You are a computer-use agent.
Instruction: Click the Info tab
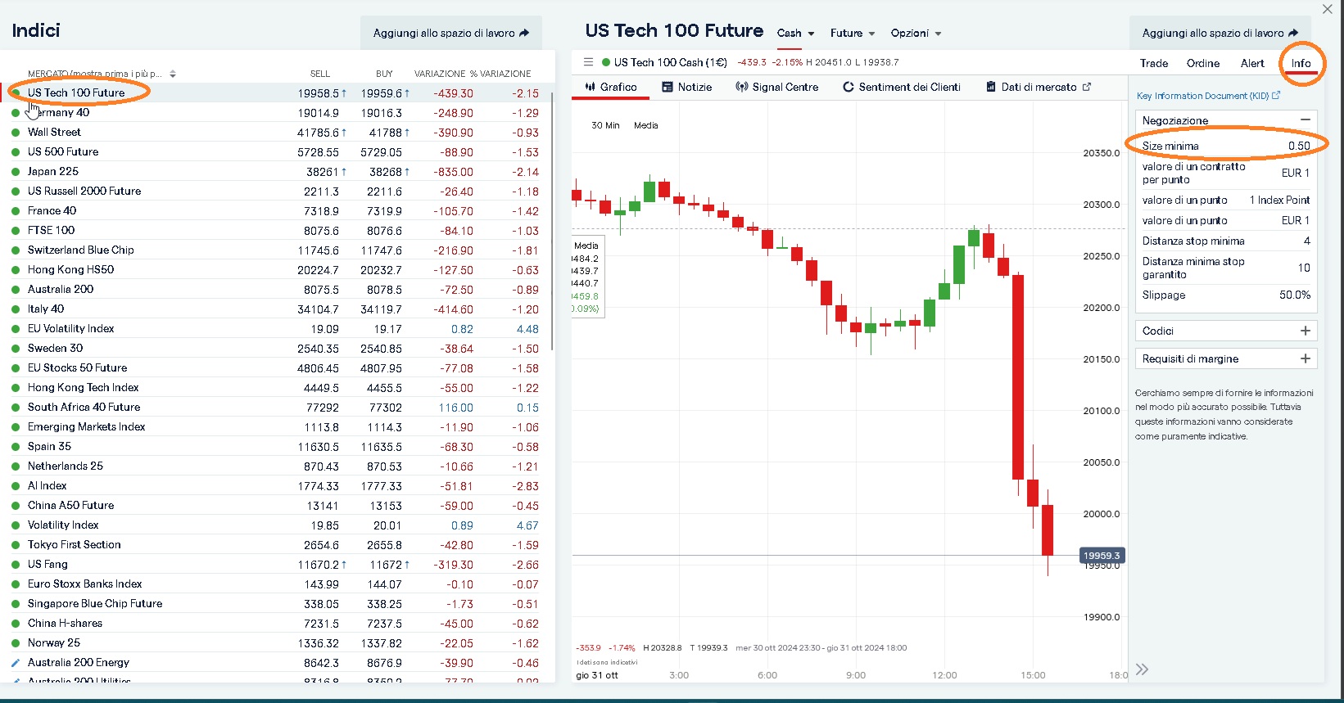tap(1301, 63)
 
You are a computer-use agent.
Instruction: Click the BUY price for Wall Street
tap(384, 133)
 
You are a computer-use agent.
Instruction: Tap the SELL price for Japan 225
tap(321, 172)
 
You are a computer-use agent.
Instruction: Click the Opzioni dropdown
tap(916, 34)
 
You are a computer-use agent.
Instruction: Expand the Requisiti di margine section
tap(1305, 358)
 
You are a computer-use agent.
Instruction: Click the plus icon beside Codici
tap(1305, 331)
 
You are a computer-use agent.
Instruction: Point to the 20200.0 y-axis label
tap(1101, 308)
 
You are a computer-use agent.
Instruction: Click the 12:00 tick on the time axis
tap(944, 675)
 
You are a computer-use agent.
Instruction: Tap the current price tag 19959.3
tap(1101, 556)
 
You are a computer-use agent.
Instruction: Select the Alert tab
tap(1251, 63)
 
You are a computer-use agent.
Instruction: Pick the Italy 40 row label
tap(46, 309)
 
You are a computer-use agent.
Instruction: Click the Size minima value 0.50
tap(1298, 146)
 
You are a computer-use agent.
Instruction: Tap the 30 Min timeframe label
tap(605, 125)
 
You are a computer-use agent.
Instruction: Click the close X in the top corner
tap(1327, 9)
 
